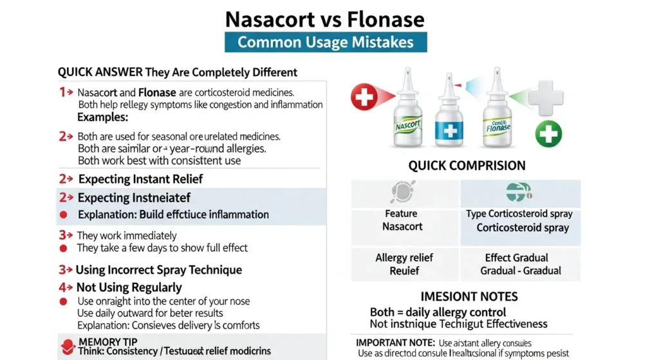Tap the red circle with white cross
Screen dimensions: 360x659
[365, 97]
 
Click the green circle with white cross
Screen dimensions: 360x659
[548, 134]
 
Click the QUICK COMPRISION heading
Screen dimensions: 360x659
[467, 166]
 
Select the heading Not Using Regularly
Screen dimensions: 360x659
[129, 287]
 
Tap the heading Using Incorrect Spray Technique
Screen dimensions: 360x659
[158, 270]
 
